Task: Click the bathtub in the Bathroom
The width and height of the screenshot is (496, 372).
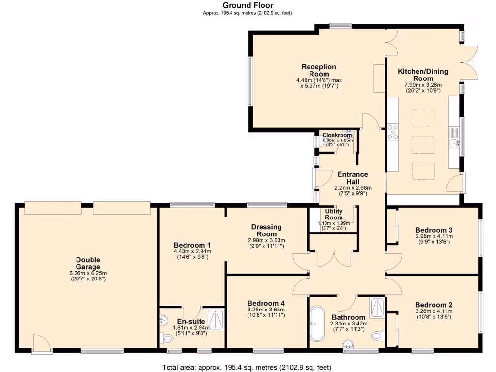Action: (x=317, y=323)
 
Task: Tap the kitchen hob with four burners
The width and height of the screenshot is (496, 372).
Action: (x=393, y=132)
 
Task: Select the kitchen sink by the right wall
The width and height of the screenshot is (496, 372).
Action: (x=454, y=143)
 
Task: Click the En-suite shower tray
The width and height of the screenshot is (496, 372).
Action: (x=216, y=320)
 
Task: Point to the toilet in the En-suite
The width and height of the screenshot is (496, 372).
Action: (x=167, y=339)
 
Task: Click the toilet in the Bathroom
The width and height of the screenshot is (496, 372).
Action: (x=378, y=335)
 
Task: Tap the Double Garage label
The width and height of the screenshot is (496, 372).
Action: (x=88, y=263)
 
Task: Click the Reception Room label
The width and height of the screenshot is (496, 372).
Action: (x=319, y=70)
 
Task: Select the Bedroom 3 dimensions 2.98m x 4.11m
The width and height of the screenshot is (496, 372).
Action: (x=434, y=236)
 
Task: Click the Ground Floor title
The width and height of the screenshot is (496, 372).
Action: (x=248, y=5)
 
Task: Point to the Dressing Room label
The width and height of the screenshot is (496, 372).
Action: (x=266, y=230)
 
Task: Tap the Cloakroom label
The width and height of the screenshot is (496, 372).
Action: (x=337, y=136)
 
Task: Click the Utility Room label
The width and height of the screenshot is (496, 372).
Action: (x=334, y=214)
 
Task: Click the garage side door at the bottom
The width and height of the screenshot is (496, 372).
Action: (x=43, y=343)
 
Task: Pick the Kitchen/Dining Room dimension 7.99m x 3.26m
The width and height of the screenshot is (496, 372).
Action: (x=423, y=85)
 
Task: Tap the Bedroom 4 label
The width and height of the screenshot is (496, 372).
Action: (x=266, y=303)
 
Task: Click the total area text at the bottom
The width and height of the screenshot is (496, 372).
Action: (x=247, y=367)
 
